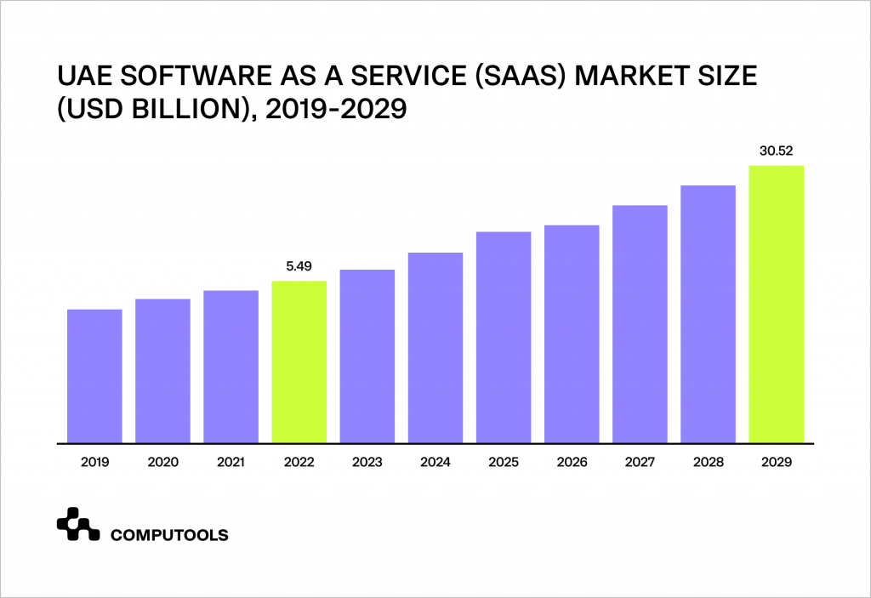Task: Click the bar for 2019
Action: [94, 376]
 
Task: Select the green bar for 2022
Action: [299, 362]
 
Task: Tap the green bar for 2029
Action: [776, 304]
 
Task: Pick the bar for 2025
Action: [504, 337]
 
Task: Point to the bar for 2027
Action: [640, 323]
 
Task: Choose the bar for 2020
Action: [162, 371]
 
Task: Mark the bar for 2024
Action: [435, 347]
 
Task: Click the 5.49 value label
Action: [299, 266]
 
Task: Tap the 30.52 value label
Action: [776, 151]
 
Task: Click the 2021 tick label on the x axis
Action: [231, 463]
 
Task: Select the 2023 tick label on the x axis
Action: [367, 463]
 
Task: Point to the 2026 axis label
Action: [572, 463]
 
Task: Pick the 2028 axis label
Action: [708, 463]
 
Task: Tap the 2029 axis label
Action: [776, 463]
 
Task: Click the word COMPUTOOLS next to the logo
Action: [169, 535]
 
